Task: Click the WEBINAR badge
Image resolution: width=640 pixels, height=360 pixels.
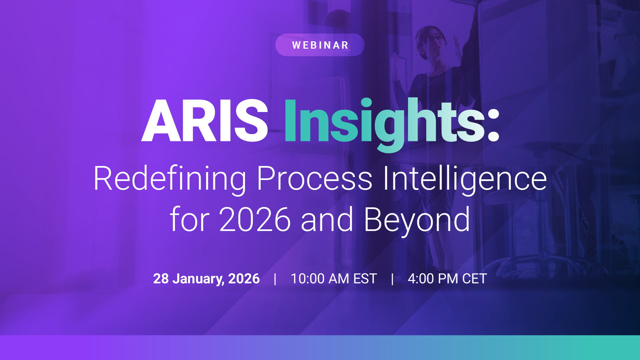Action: coord(320,45)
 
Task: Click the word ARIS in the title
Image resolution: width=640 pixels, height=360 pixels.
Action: coord(205,120)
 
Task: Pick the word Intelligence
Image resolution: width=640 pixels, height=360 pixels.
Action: coord(465,179)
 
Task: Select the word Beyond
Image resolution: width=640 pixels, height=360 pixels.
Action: coord(417,221)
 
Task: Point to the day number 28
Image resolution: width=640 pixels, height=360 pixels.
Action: coord(161,279)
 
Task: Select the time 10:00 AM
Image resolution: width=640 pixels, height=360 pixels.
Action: coord(320,279)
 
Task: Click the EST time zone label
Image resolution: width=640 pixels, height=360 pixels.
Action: coord(365,279)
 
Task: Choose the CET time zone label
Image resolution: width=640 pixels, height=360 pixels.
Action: coord(475,279)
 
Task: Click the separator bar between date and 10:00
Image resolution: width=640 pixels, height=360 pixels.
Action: coord(275,279)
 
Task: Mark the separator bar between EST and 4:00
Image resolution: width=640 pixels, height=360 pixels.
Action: coord(392,279)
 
